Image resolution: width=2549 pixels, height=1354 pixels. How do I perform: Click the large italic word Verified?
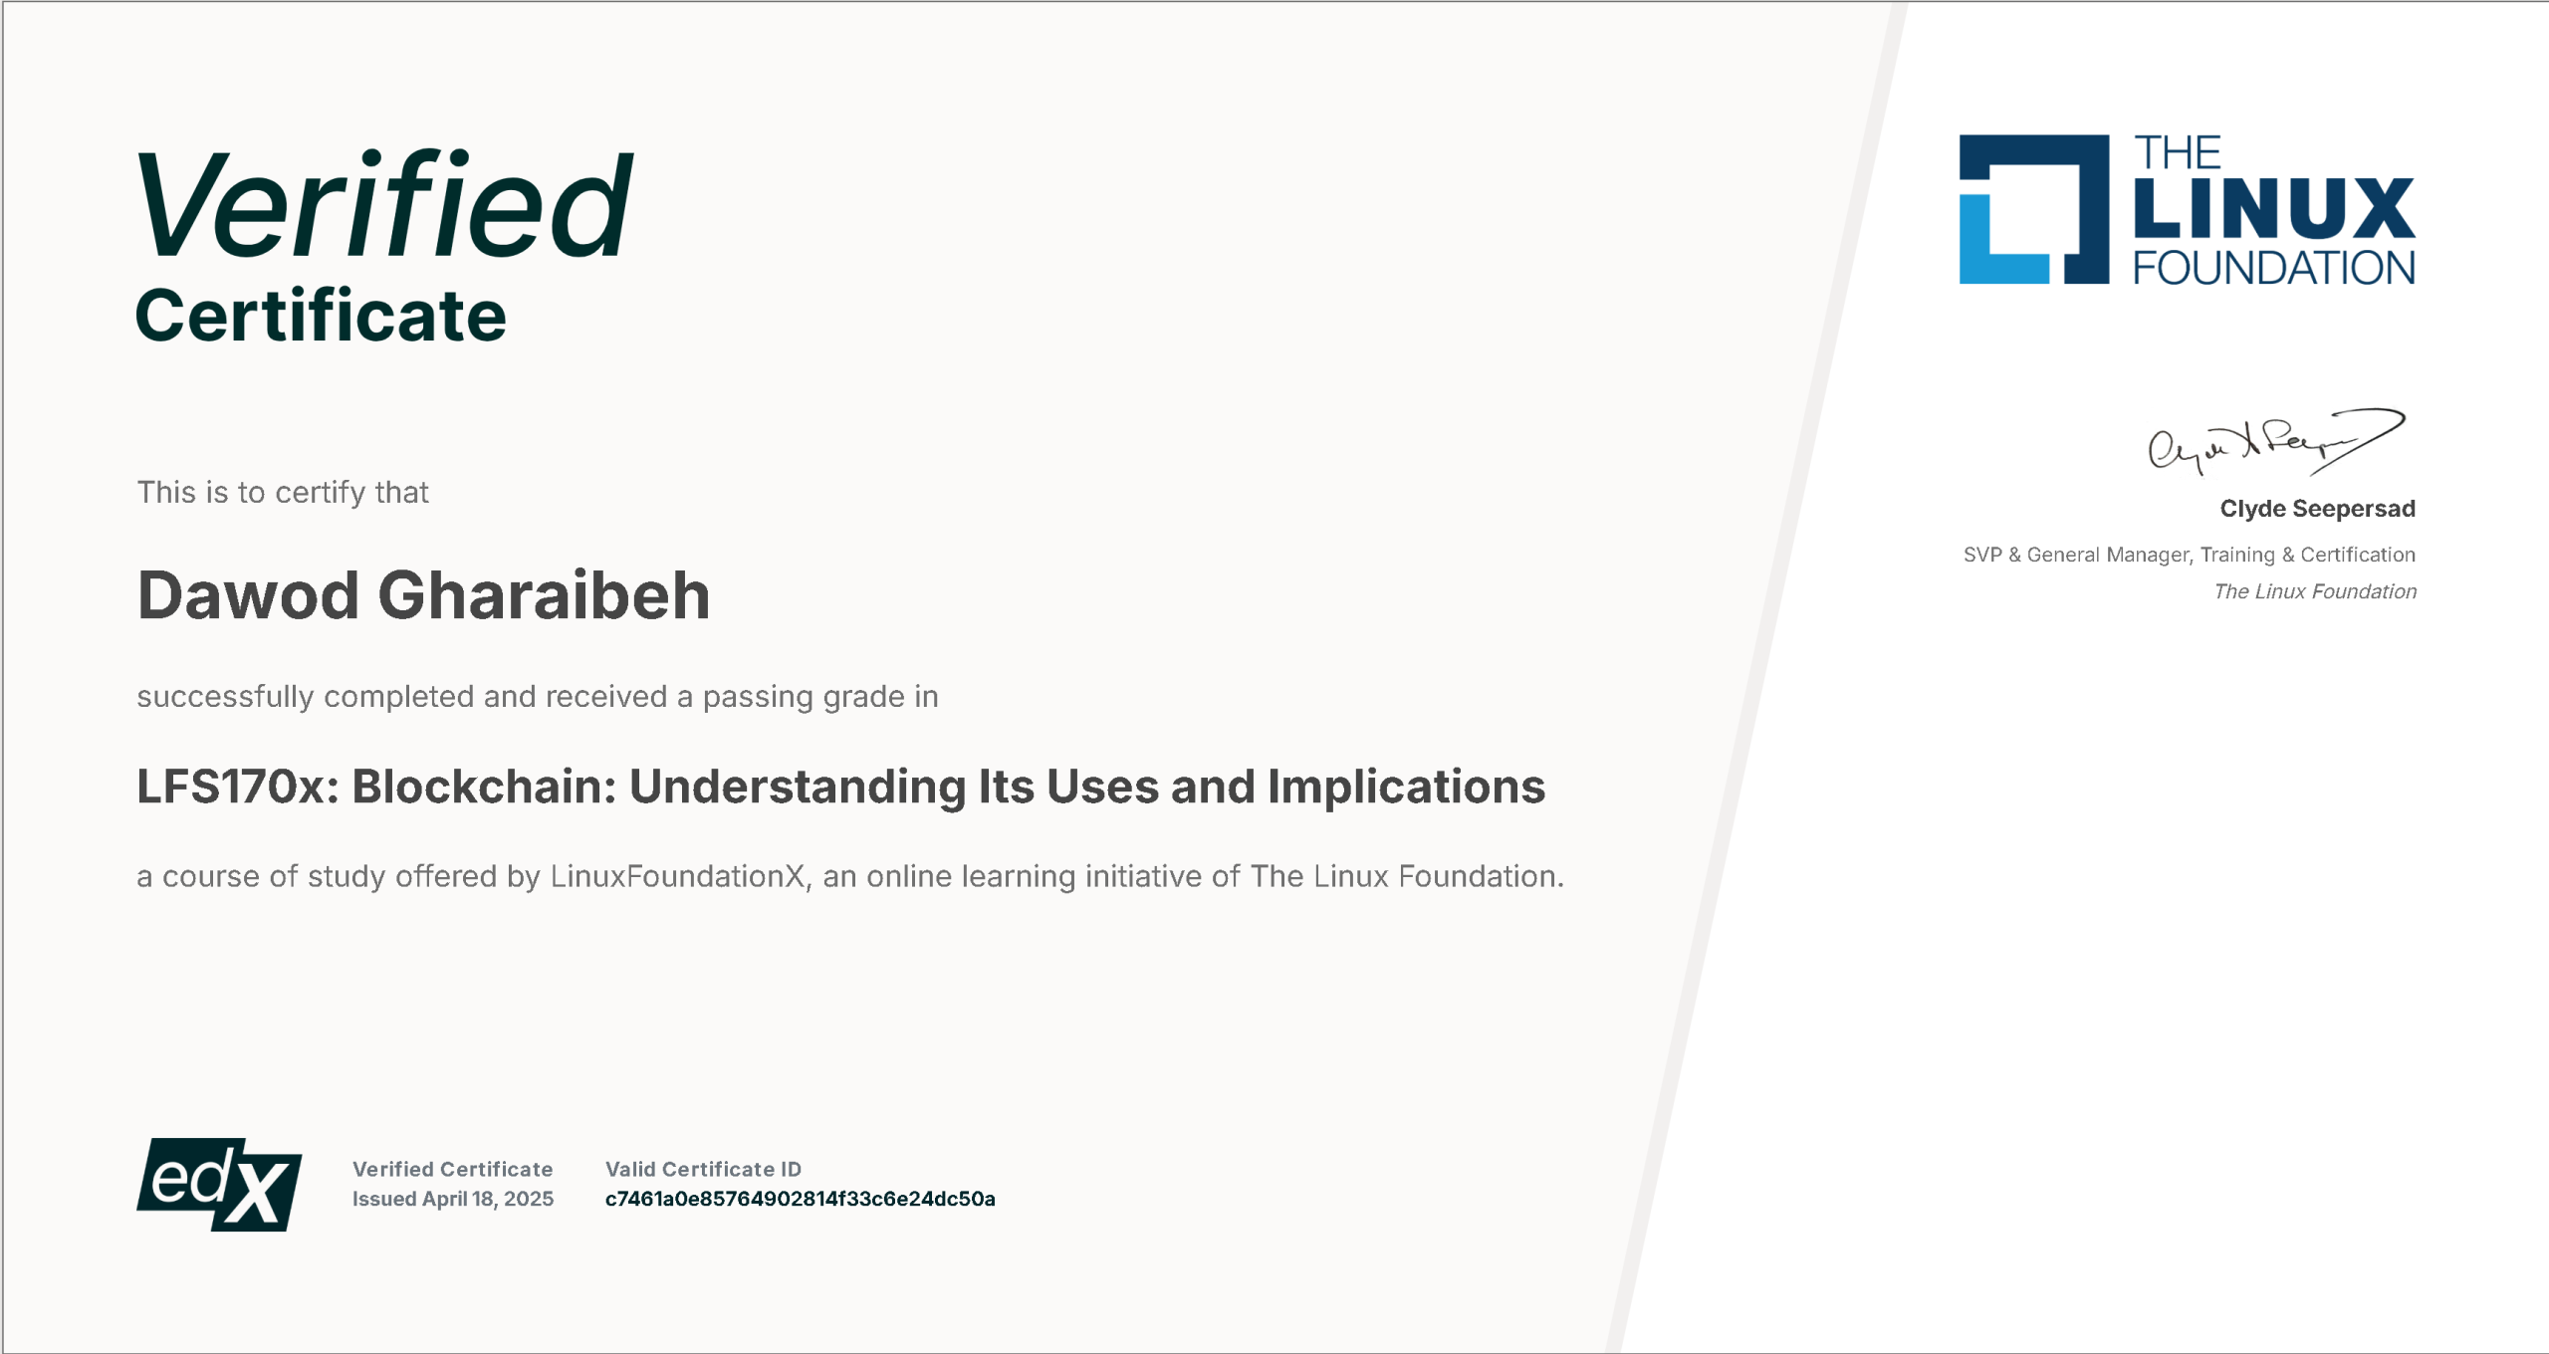pos(384,204)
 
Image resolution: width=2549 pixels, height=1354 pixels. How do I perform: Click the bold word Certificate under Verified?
pos(321,316)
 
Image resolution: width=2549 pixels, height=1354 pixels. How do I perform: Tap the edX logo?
pos(219,1185)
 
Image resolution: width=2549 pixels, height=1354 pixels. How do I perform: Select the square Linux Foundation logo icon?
pos(2034,209)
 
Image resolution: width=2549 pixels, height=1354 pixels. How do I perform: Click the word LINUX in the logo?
pos(2274,208)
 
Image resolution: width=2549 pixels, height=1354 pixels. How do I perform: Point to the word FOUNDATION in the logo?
pos(2274,268)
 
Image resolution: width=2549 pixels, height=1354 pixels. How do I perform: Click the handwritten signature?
pos(2276,441)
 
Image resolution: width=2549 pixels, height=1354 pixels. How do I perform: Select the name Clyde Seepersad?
pos(2318,509)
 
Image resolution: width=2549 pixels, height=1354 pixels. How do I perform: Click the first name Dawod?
pos(248,595)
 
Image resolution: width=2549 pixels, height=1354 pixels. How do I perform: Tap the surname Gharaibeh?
pos(545,595)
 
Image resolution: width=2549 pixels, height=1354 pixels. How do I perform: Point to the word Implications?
pos(1406,788)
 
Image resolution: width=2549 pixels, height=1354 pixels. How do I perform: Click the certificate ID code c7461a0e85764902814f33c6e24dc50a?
pos(801,1199)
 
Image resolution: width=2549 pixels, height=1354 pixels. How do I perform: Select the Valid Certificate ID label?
pos(703,1169)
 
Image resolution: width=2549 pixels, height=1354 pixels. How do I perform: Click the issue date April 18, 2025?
pos(488,1199)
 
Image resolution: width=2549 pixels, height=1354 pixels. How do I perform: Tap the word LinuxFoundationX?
pos(677,876)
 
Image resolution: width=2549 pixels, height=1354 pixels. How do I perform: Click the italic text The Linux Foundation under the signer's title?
pos(2315,591)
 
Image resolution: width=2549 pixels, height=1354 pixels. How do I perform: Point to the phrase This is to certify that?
pos(283,493)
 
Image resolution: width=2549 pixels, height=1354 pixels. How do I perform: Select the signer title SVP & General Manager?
pos(2077,555)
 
